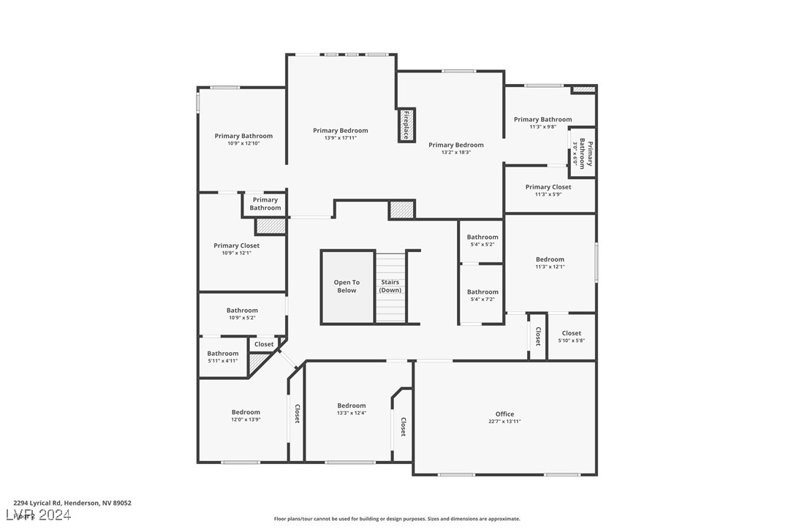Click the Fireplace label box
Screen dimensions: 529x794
[x=406, y=125]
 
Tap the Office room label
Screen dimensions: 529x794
[x=504, y=414]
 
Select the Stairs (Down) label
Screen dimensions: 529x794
[x=390, y=286]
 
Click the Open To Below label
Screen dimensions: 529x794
[x=347, y=286]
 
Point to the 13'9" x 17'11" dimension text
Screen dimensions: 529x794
[x=340, y=138]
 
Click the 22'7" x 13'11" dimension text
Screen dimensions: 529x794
[x=504, y=422]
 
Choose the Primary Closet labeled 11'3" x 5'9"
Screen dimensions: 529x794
[x=548, y=187]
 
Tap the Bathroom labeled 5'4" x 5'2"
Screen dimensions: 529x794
[x=483, y=237]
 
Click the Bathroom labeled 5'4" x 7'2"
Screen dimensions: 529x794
[x=483, y=292]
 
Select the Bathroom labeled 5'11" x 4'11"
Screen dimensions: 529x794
[x=222, y=354]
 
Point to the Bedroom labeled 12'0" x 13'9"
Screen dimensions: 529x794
[x=246, y=412]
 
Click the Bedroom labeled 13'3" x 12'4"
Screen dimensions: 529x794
[x=351, y=406]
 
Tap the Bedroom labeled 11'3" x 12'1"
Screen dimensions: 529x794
[x=550, y=259]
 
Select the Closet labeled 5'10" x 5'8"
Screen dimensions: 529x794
[x=572, y=334]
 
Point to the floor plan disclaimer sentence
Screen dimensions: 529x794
[x=397, y=519]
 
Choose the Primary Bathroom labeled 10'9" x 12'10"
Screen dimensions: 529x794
[x=243, y=136]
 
